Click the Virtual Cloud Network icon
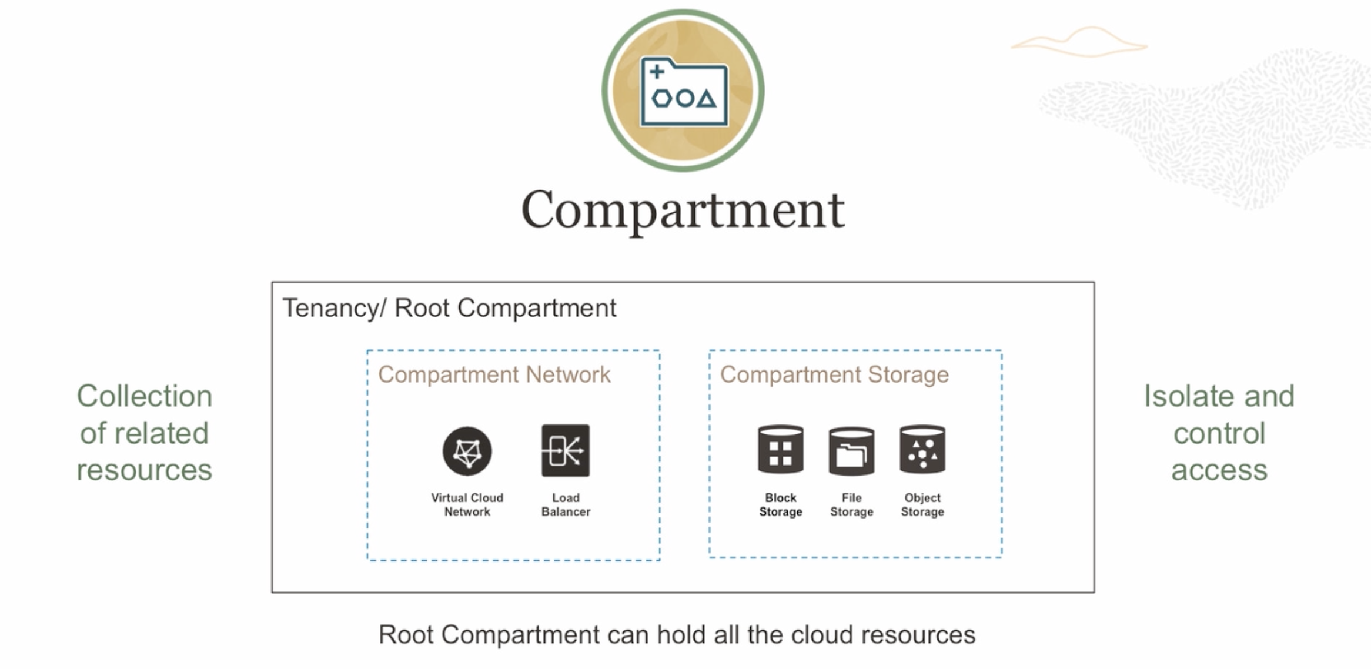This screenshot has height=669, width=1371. coord(467,451)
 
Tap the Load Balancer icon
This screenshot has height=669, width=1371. coord(566,450)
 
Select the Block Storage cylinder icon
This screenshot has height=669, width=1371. coord(780,450)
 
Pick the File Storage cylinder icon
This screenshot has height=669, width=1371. coord(851,451)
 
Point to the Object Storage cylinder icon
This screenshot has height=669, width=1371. coord(922,450)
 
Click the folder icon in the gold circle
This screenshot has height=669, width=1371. coord(684,92)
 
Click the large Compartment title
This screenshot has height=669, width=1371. coord(683,210)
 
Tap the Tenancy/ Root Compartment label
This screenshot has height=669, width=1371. coord(449,308)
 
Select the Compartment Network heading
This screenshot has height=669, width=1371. coord(494,374)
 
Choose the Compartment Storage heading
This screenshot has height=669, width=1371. coord(834,374)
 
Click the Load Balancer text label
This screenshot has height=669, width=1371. coord(566,504)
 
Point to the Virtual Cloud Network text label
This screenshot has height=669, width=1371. coord(467,504)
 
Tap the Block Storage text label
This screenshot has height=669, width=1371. coord(780,504)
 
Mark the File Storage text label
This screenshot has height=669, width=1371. coord(851,504)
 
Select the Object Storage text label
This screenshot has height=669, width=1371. coord(922,504)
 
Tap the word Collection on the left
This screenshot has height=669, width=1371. coord(144,396)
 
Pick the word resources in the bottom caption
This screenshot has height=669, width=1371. coord(918,635)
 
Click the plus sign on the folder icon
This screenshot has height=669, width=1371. coord(657,72)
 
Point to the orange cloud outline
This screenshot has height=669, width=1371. coord(1079,42)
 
